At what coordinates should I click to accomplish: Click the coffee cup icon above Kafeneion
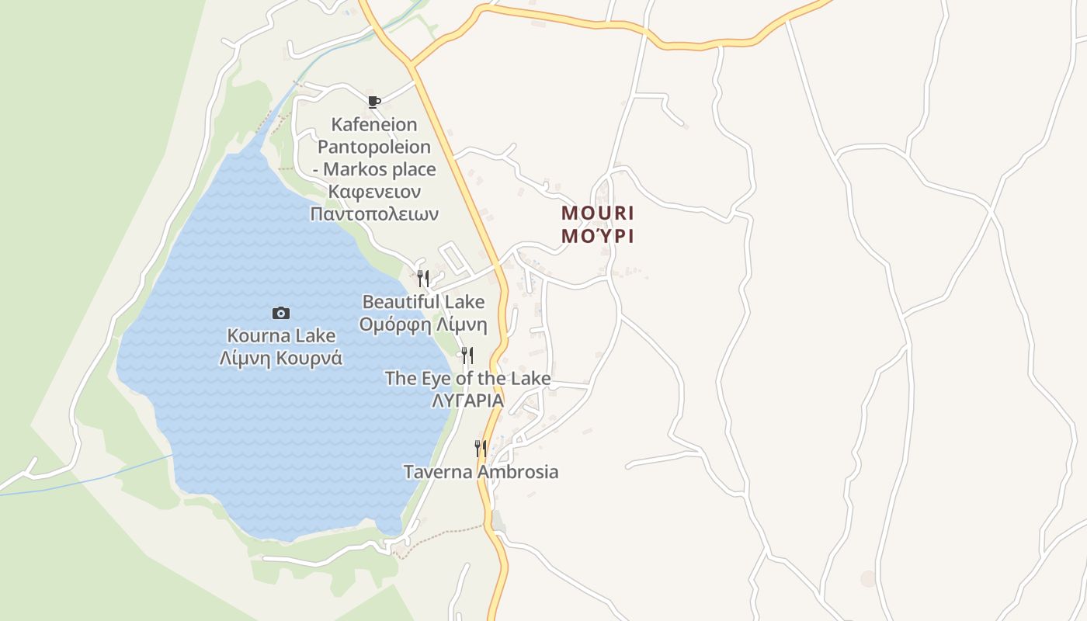click(374, 102)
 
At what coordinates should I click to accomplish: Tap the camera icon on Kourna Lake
click(281, 313)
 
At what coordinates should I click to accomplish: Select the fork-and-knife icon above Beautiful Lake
click(423, 278)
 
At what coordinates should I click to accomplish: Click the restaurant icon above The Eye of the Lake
click(467, 356)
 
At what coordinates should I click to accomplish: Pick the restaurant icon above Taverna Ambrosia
click(481, 448)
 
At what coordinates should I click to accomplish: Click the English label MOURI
click(598, 213)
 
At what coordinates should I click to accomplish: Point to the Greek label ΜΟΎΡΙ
click(598, 236)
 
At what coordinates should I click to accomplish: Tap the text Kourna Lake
click(281, 336)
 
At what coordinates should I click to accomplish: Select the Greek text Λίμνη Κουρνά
click(281, 358)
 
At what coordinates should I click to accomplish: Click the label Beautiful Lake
click(423, 302)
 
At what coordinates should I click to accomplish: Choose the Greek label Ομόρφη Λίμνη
click(423, 324)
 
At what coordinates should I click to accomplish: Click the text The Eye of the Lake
click(467, 379)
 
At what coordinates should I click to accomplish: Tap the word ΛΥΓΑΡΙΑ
click(467, 401)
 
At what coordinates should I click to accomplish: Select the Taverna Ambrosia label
click(481, 471)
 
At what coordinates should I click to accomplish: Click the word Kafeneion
click(374, 124)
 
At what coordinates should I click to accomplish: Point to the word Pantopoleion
click(374, 147)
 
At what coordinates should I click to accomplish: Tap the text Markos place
click(380, 169)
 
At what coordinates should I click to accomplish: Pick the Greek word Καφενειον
click(374, 191)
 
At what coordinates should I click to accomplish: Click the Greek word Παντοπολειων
click(374, 213)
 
